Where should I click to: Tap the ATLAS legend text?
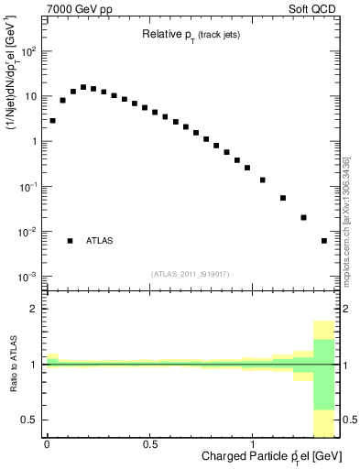100,241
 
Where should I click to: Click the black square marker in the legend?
70,241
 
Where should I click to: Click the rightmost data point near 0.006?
324,241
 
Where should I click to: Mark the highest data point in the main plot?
83,87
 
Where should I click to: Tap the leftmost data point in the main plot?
52,120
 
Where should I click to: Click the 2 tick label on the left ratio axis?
35,310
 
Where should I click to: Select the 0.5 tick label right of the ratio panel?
349,420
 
